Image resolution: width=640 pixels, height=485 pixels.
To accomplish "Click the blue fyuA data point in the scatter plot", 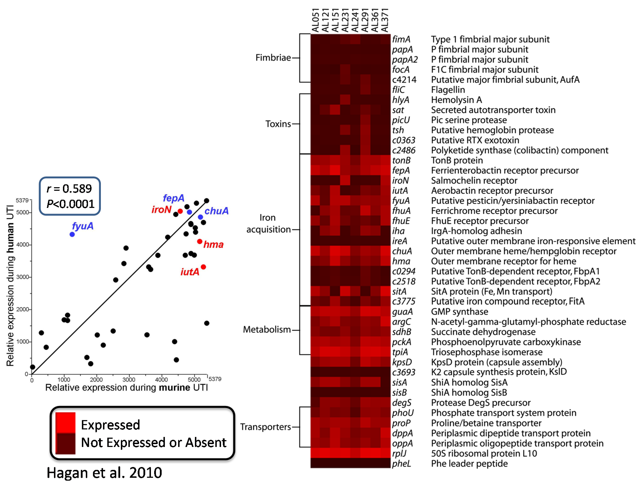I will tap(72, 234).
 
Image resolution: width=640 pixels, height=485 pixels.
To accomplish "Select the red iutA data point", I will tap(203, 267).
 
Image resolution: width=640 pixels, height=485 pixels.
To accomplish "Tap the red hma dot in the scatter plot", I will tap(200, 241).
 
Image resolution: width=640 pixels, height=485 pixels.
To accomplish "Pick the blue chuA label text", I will tap(216, 211).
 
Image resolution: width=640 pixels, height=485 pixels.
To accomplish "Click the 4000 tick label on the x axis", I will tap(161, 379).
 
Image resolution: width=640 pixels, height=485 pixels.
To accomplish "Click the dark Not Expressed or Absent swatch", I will tap(65, 443).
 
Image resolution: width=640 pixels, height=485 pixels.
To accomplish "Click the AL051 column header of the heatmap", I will tap(315, 20).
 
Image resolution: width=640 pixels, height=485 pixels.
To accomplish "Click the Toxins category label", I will tap(278, 124).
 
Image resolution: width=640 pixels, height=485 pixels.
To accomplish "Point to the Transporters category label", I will tap(265, 427).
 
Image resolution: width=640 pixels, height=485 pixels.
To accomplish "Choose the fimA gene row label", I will tap(401, 39).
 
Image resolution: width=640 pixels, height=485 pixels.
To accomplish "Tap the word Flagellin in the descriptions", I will tap(448, 90).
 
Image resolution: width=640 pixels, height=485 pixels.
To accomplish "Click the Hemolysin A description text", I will tap(456, 100).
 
